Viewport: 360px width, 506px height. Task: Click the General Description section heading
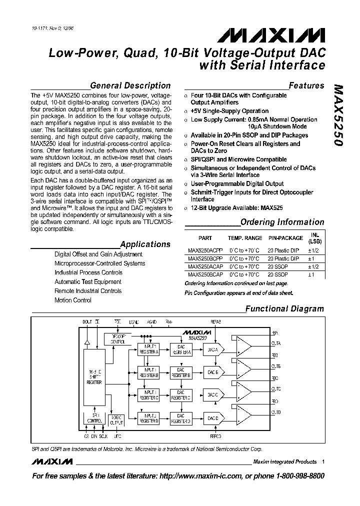coord(130,85)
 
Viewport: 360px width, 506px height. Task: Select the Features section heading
coord(306,85)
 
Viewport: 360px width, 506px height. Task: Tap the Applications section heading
coord(145,244)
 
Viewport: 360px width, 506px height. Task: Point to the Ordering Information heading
coord(282,222)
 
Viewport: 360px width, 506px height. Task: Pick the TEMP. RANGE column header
coord(244,238)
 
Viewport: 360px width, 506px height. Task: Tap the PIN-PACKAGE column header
coord(285,238)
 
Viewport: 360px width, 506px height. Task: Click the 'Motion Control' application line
coord(73,300)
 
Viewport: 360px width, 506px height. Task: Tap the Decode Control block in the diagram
coord(117,339)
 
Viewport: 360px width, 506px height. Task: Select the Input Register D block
coord(150,418)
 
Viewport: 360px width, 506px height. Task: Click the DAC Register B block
coord(181,372)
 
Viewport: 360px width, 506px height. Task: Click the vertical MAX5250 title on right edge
coord(338,115)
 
